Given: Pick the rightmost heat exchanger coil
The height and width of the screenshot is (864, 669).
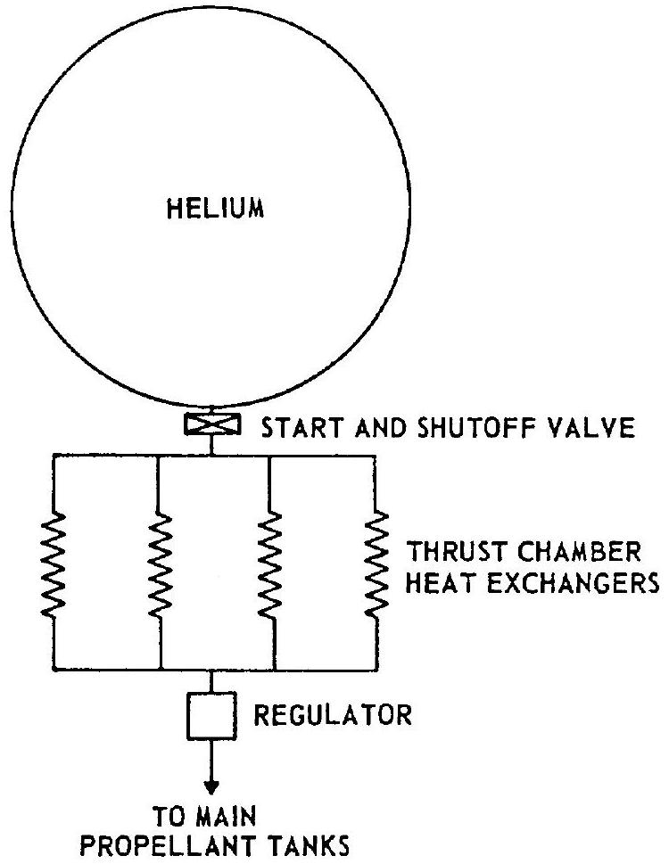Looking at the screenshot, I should [374, 557].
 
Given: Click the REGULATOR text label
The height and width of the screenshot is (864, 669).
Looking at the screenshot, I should [334, 717].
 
